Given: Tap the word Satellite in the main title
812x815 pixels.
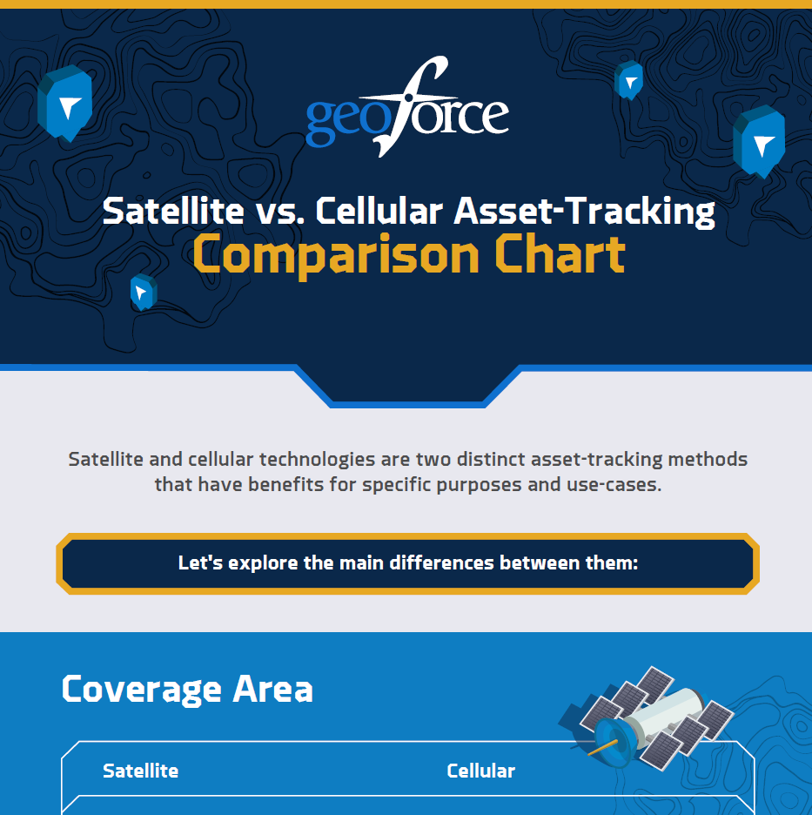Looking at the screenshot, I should click(x=171, y=212).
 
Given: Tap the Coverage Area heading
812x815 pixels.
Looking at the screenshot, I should click(x=187, y=689).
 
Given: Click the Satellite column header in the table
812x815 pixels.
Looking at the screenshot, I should click(x=140, y=771).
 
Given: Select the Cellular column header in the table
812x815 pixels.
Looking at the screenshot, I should click(x=480, y=771).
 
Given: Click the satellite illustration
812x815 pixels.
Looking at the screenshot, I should click(x=646, y=714).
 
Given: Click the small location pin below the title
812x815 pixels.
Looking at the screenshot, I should click(x=143, y=292).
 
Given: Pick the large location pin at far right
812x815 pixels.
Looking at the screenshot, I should click(x=759, y=141).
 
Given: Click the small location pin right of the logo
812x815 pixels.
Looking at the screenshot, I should click(x=628, y=81).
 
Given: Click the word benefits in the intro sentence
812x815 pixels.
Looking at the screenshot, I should click(x=285, y=484).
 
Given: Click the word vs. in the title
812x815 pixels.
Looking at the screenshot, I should click(x=277, y=212).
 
